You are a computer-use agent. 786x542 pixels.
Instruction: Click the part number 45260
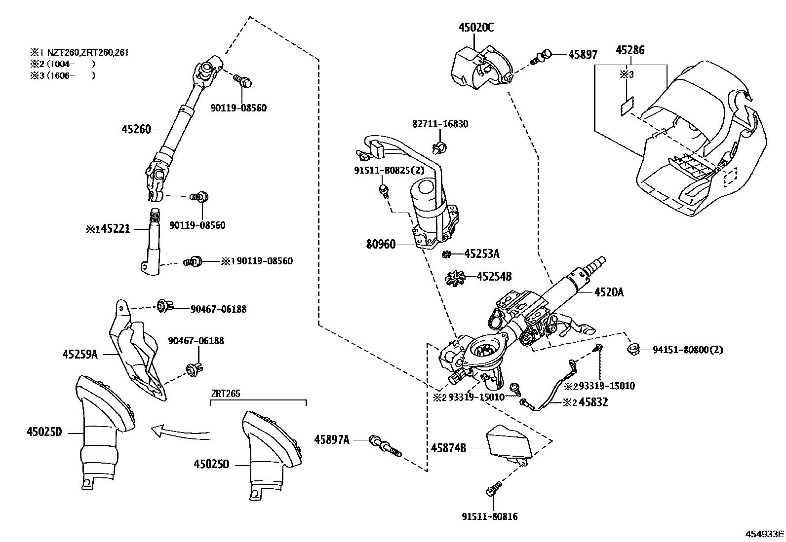tap(136, 129)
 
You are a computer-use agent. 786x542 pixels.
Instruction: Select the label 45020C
tap(476, 27)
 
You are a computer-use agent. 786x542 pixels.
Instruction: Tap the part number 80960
tap(381, 244)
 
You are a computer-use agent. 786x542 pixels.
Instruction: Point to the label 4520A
tap(609, 292)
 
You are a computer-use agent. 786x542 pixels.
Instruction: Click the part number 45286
tap(630, 50)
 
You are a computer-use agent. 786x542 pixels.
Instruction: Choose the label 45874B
tap(448, 448)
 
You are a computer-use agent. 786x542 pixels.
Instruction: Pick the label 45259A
tap(80, 355)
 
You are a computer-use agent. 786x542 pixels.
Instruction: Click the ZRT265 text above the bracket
tap(226, 394)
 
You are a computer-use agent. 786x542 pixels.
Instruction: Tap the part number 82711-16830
tap(440, 124)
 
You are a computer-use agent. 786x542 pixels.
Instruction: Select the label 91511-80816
tap(489, 517)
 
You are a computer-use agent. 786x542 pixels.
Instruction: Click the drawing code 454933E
tap(764, 534)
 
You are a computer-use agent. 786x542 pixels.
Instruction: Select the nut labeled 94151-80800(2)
tap(633, 349)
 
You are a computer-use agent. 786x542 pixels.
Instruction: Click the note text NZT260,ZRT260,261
tap(88, 53)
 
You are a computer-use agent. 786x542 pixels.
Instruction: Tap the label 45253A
tap(481, 254)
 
